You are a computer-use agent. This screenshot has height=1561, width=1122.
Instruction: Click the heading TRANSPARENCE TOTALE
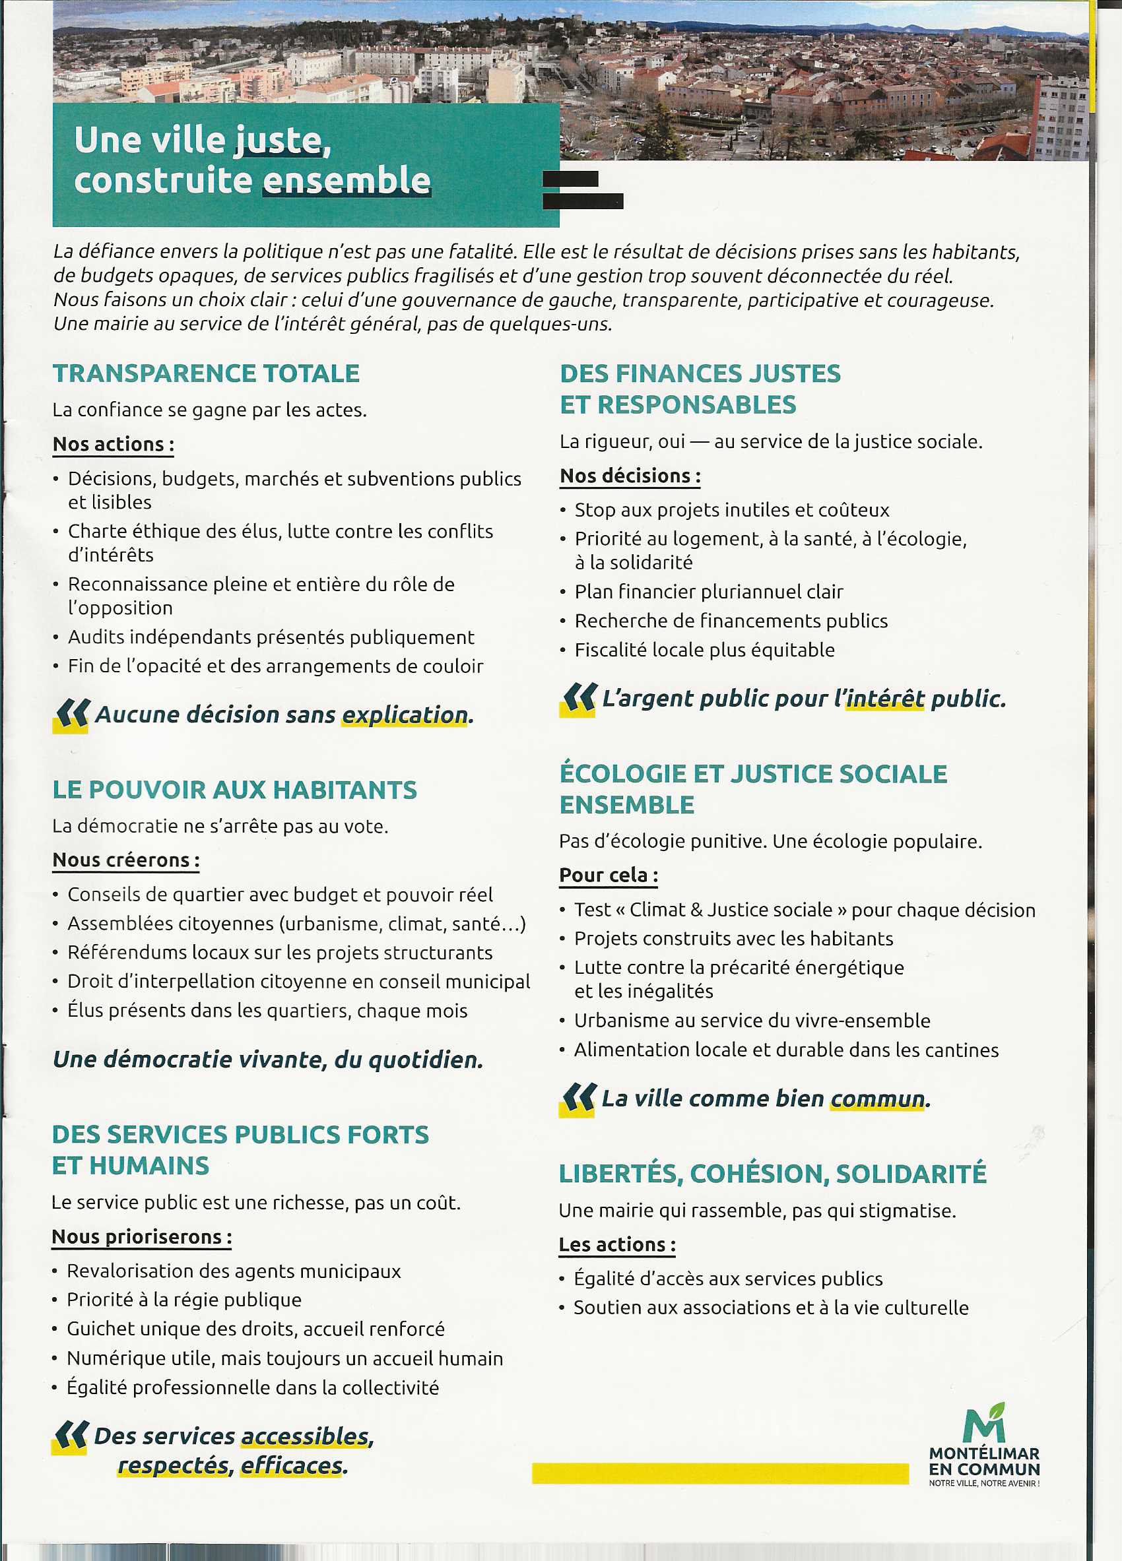click(x=206, y=373)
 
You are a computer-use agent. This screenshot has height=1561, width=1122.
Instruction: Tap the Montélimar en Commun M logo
click(x=984, y=1422)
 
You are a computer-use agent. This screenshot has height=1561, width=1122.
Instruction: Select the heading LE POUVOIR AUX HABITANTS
click(x=235, y=790)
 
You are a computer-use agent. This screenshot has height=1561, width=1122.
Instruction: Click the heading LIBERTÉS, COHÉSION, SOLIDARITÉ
click(x=772, y=1174)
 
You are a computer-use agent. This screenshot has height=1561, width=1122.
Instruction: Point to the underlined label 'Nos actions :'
click(x=113, y=445)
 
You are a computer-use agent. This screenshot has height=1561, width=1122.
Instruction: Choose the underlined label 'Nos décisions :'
click(x=630, y=476)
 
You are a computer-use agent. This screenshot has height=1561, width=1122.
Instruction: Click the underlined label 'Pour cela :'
click(x=609, y=876)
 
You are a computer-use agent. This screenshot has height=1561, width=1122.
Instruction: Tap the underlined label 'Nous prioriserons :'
click(x=141, y=1237)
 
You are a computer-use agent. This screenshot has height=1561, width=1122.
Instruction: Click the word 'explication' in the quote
click(x=405, y=715)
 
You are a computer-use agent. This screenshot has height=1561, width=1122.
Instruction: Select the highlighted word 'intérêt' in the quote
click(x=884, y=699)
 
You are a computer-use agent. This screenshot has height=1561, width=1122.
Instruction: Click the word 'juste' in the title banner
click(x=278, y=141)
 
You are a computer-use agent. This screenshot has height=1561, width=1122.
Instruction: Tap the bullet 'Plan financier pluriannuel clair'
click(x=708, y=592)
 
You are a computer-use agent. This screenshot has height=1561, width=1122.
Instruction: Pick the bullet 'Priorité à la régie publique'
click(x=183, y=1300)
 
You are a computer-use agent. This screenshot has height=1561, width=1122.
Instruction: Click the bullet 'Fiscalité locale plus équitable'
click(x=704, y=650)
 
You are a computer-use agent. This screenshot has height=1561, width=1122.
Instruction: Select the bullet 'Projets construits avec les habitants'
click(x=734, y=939)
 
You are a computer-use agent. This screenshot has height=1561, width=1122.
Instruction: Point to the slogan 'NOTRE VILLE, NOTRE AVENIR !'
click(x=983, y=1483)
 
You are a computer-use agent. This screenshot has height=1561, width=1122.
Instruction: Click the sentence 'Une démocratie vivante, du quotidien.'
click(x=268, y=1060)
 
